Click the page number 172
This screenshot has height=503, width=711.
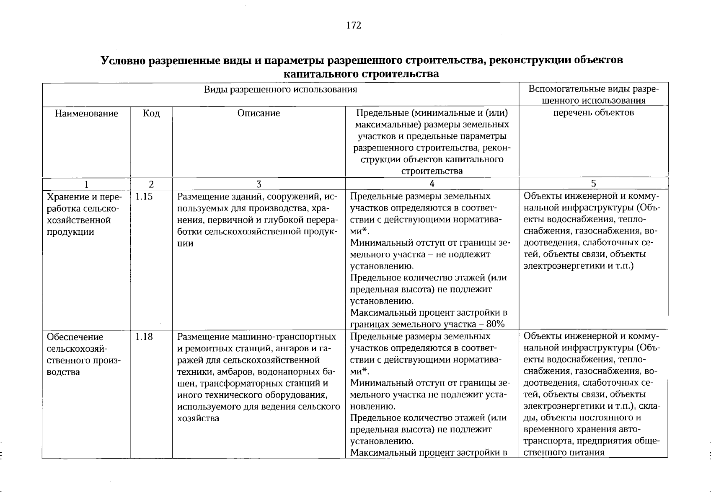pos(354,26)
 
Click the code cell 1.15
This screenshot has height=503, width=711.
pos(144,197)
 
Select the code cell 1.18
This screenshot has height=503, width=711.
pos(144,337)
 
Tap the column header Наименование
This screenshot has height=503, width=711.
pos(86,114)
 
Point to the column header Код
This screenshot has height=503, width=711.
pos(151,114)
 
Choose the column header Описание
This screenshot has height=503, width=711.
pos(259,113)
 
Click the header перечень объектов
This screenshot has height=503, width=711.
pos(593,112)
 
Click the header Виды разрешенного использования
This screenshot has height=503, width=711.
pos(280,89)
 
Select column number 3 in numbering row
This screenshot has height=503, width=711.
pos(259,184)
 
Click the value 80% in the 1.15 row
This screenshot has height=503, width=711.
pos(495,324)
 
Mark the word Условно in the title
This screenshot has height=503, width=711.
pos(124,60)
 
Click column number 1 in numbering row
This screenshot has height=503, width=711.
pos(86,184)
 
